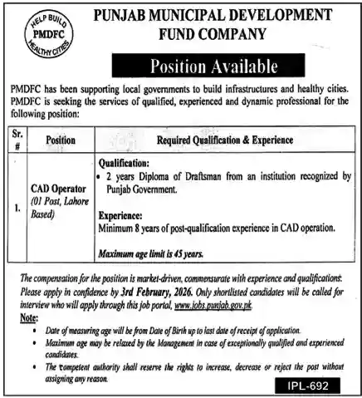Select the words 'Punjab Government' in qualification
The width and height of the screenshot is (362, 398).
[x=141, y=189]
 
